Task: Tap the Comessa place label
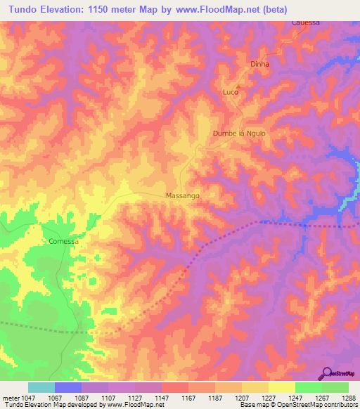63,241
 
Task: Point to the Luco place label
230,93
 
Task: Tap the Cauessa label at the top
306,22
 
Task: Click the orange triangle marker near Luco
238,88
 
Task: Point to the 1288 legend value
349,397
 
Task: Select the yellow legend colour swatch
281,387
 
